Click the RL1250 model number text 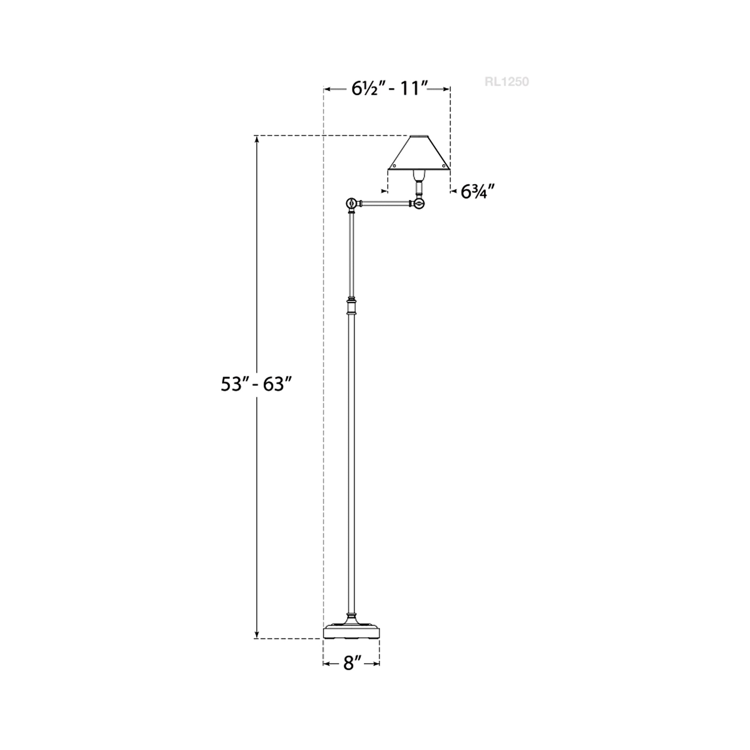pos(506,82)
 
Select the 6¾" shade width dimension pos(478,192)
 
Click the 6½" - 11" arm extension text pos(390,89)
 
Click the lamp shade pos(419,153)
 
